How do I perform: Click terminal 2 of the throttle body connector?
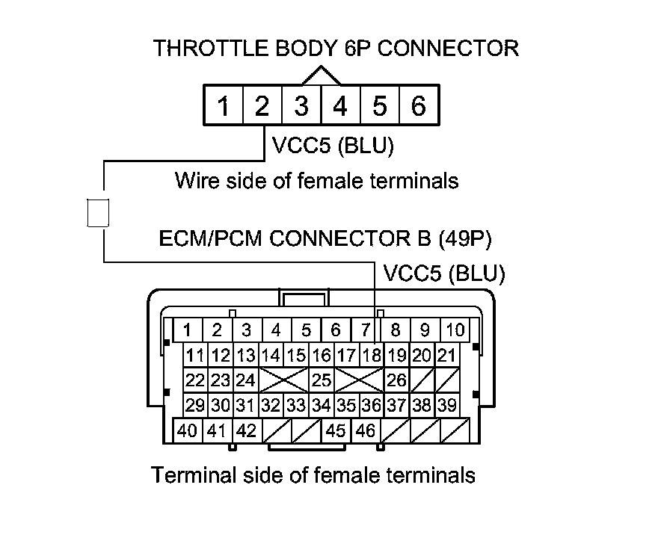[x=262, y=106]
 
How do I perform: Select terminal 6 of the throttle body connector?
[x=419, y=106]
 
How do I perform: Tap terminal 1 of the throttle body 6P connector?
[x=223, y=106]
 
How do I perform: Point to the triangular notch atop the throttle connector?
[x=321, y=75]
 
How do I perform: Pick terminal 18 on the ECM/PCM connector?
[x=372, y=355]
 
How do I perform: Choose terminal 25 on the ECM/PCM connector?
[x=322, y=380]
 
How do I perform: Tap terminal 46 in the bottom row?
[x=366, y=431]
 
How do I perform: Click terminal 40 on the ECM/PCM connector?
[x=188, y=431]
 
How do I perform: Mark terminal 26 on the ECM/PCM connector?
[x=396, y=380]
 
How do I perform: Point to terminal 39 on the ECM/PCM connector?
[x=447, y=406]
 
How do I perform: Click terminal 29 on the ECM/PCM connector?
[x=195, y=406]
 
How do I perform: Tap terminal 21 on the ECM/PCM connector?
[x=447, y=355]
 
